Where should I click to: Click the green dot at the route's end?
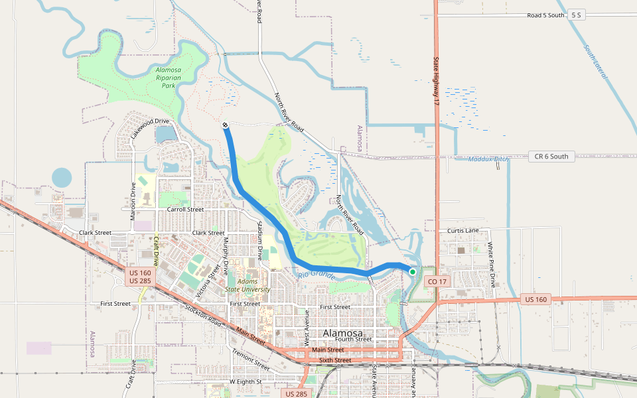click(x=412, y=271)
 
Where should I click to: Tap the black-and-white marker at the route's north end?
click(x=226, y=125)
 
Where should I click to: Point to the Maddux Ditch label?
click(x=488, y=159)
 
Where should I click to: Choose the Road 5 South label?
click(x=545, y=15)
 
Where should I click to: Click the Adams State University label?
click(x=248, y=285)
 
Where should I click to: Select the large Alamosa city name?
click(x=342, y=333)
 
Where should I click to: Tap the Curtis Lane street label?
click(x=462, y=230)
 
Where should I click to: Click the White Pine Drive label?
click(x=492, y=264)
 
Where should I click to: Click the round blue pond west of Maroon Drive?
click(x=62, y=177)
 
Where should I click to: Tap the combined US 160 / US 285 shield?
click(x=141, y=277)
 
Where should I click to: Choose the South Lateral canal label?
click(x=595, y=62)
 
